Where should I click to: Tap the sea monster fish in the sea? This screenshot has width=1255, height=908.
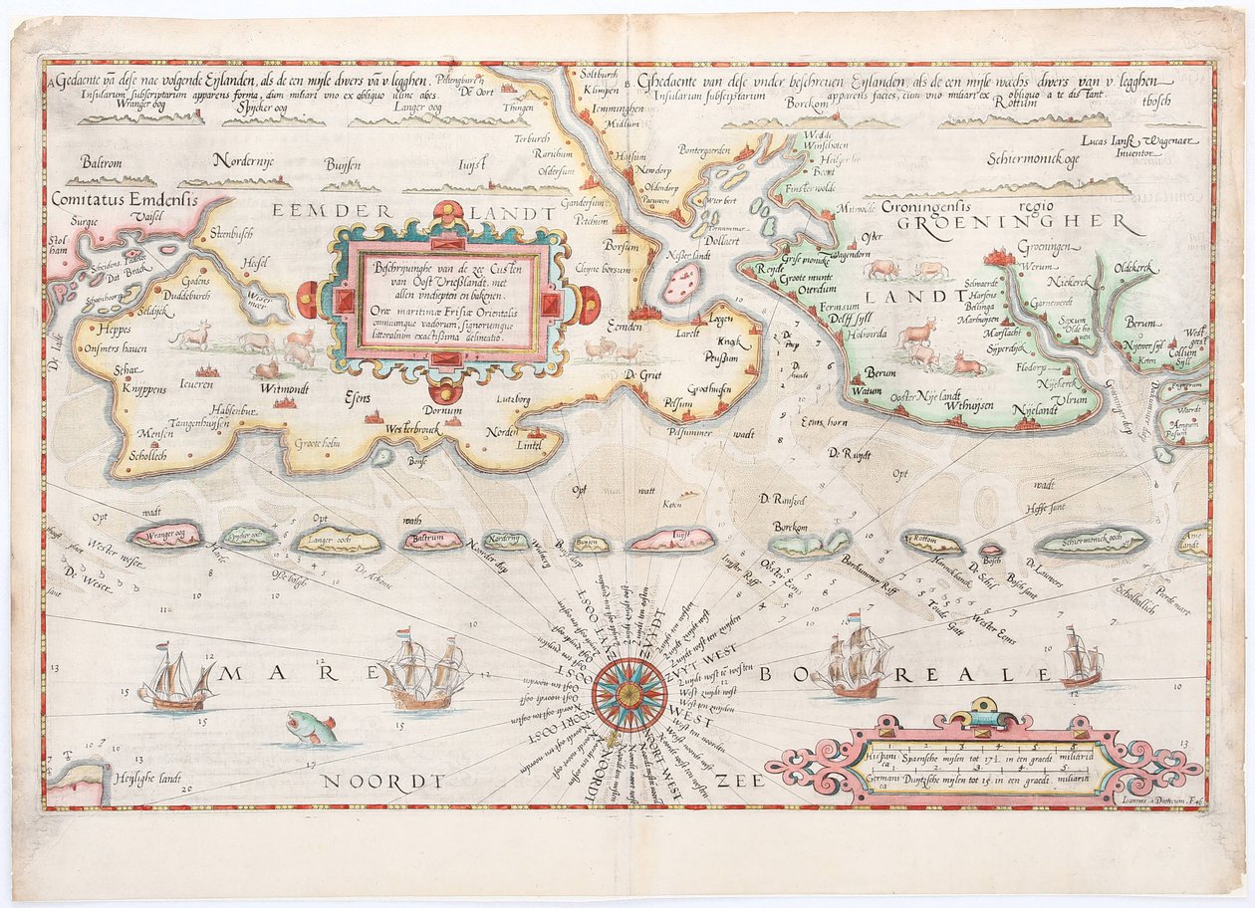(310, 728)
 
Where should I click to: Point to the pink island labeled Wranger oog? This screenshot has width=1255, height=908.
(165, 537)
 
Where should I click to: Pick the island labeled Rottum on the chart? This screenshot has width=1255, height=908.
(932, 543)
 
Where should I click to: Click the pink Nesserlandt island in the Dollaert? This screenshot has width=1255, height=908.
(683, 282)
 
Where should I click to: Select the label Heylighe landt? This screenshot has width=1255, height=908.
(149, 778)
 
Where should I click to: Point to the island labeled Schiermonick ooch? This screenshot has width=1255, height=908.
(1092, 543)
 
